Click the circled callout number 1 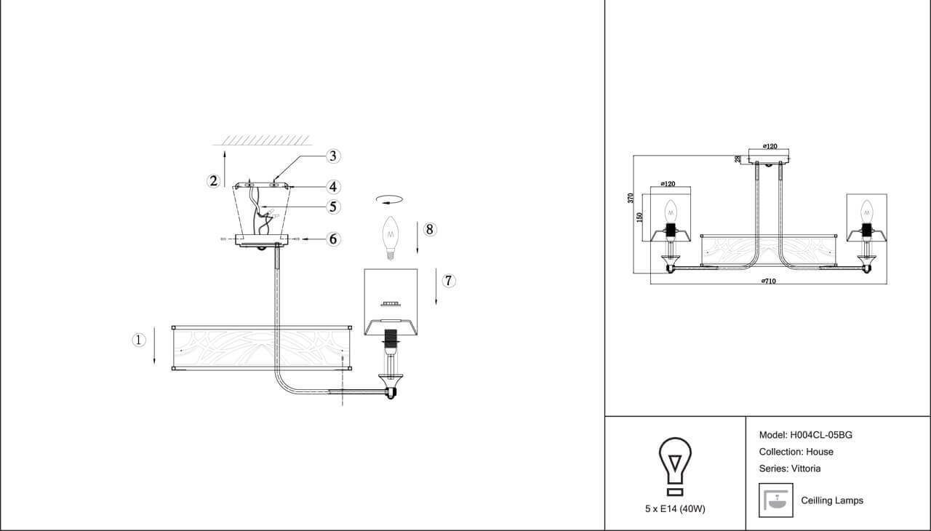pos(139,340)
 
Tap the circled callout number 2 pos(213,181)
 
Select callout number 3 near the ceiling pos(333,156)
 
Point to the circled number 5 pos(333,207)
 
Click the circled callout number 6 pos(333,239)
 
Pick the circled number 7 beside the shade pos(449,281)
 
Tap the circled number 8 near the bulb pos(429,230)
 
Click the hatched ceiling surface pos(267,139)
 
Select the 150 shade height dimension pos(640,217)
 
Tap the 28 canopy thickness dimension pos(738,159)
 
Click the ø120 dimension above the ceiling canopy pos(770,146)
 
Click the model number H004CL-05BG pos(821,435)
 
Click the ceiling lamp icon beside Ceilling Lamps pos(775,500)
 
